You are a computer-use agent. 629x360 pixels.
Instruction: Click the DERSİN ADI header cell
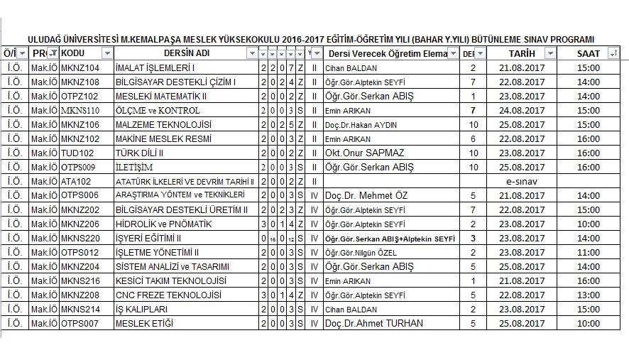(187, 54)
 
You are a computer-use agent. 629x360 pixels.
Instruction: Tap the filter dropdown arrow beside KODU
(107, 54)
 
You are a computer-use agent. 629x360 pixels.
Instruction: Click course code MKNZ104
(80, 68)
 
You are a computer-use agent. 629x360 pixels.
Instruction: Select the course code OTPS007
(80, 323)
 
